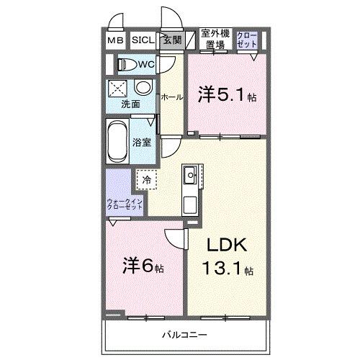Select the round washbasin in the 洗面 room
[143, 88]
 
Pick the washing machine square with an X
[117, 89]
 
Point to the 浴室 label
[143, 142]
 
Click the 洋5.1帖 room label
[227, 94]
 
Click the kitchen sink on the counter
[189, 174]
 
